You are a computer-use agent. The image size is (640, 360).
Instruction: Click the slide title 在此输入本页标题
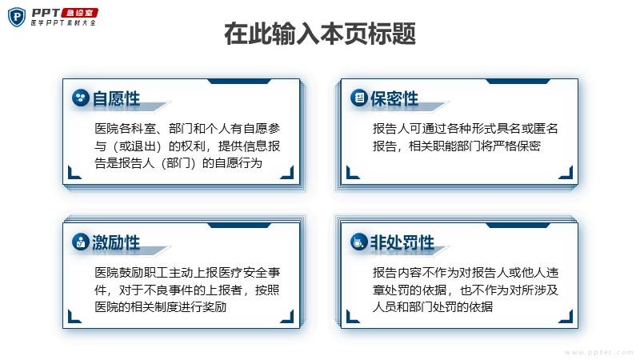pos(320,34)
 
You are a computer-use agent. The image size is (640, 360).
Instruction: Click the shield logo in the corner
pos(17,17)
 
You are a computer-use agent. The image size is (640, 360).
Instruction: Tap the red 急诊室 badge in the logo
pos(79,13)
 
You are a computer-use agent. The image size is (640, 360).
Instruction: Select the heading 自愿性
pos(116,98)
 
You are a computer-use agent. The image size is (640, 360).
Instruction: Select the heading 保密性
pos(394,98)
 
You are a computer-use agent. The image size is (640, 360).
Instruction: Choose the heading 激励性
pos(116,242)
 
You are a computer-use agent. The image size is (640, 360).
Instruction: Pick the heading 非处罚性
pos(402,242)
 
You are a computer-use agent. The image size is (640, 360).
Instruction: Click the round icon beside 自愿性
pos(81,98)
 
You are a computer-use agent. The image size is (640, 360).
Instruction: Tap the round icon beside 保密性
pos(358,98)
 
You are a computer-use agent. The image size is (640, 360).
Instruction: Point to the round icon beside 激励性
pos(81,242)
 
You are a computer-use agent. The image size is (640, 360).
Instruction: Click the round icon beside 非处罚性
pos(358,242)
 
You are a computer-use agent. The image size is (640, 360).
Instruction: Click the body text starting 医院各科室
pos(187,146)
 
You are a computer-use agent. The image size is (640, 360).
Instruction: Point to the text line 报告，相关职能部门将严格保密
pos(457,146)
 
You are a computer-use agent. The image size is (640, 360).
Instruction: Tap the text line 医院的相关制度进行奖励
pos(161,306)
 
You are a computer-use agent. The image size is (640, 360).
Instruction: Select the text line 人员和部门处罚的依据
pos(433,306)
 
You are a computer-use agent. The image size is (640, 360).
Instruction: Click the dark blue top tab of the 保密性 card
pos(518,82)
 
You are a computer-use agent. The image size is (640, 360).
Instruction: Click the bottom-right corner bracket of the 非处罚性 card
pos(566,316)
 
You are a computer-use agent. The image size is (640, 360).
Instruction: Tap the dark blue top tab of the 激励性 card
pos(239,226)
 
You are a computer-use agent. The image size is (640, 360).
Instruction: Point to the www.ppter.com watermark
pos(598,352)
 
